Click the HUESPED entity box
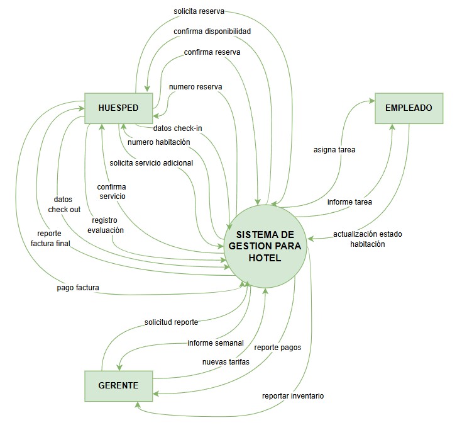118,108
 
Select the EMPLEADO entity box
409,108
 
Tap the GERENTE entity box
118,385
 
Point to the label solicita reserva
199,11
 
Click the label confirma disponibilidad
212,31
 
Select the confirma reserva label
212,52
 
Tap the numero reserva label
195,86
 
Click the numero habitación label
159,142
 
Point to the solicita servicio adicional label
151,163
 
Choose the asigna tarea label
334,150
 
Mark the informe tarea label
349,202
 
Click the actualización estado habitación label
368,239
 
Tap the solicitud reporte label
171,322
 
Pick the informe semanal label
216,343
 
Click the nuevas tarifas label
226,362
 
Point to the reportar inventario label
294,396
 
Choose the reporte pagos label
277,347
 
